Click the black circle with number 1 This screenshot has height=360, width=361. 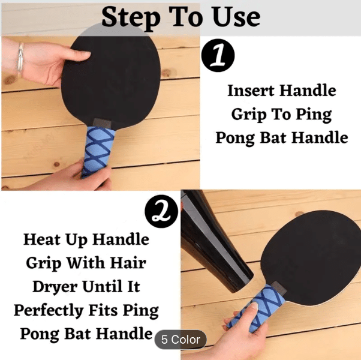tap(218, 55)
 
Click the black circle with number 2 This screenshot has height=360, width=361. tap(161, 211)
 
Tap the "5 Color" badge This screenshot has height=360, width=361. tap(180, 340)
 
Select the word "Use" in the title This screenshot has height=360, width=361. tap(236, 17)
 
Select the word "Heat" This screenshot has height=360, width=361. tap(43, 239)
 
